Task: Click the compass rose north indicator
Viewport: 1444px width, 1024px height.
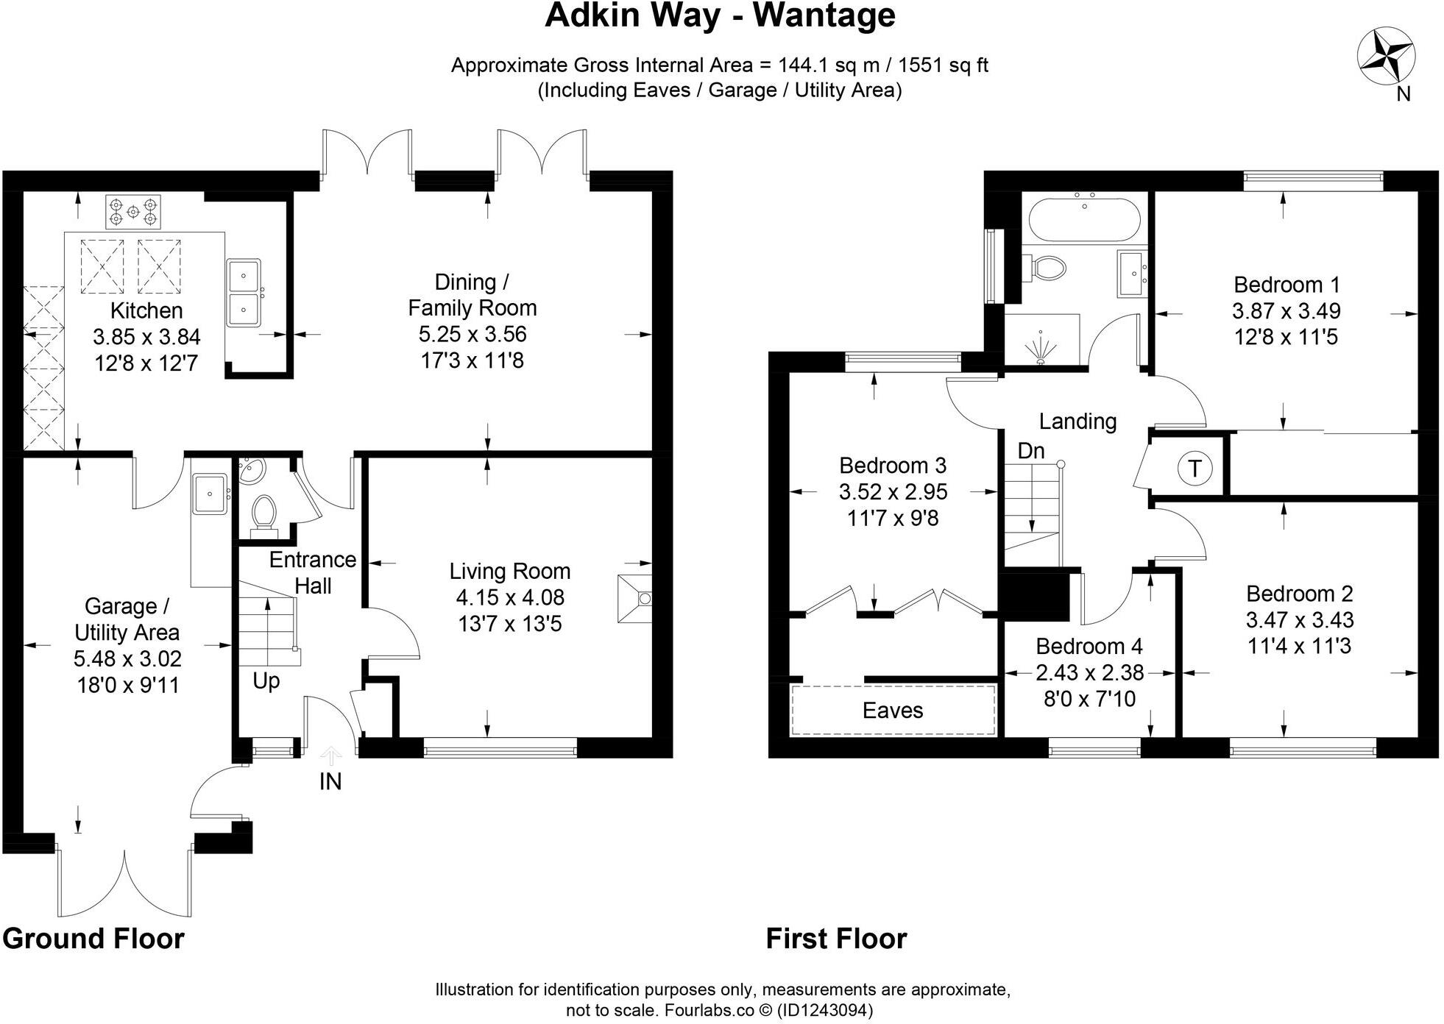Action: (1385, 57)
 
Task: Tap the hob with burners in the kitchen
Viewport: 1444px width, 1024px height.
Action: (133, 212)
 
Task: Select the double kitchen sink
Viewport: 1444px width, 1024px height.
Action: (243, 292)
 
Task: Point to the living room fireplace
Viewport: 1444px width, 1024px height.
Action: (634, 599)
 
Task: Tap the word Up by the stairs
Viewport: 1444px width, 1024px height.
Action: (266, 680)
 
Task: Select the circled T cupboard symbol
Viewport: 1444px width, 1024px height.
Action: (1195, 468)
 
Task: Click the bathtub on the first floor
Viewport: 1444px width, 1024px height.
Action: (1084, 218)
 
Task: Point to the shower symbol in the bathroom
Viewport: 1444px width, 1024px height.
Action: (1040, 349)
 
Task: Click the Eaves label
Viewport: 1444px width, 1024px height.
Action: (892, 710)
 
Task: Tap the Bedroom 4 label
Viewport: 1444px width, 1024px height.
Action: (1089, 646)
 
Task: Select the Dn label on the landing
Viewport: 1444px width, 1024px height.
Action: (1030, 450)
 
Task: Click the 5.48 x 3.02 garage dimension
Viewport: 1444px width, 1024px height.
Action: (127, 658)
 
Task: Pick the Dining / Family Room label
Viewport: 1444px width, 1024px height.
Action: (472, 294)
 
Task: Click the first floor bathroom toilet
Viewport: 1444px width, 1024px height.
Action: (1046, 266)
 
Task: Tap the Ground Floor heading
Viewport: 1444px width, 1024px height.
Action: (93, 939)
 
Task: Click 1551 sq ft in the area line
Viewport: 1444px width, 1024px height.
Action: (943, 65)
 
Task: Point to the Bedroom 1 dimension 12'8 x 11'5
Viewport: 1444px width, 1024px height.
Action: (1285, 337)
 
